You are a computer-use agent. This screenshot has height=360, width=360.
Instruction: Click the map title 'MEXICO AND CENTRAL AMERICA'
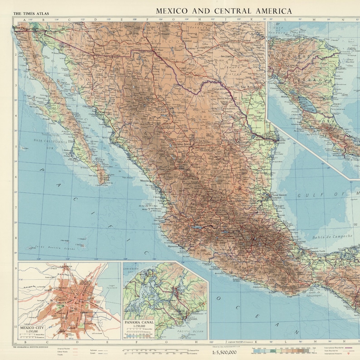coord(224,10)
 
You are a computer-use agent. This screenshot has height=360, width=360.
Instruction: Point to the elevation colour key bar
coord(281,351)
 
